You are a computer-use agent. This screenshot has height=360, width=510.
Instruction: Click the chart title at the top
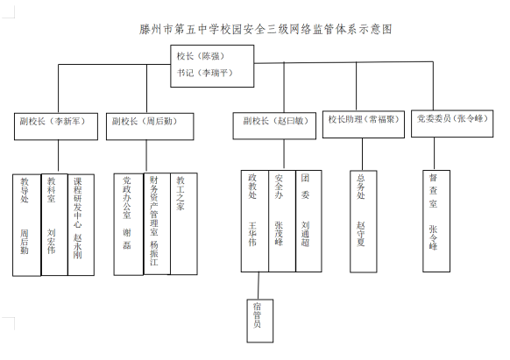266,29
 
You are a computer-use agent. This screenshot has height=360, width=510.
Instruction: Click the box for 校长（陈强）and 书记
212,66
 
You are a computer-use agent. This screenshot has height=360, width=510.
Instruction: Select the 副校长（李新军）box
56,126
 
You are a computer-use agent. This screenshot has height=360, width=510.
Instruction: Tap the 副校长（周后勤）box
150,126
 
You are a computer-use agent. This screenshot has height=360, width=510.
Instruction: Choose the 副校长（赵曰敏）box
274,126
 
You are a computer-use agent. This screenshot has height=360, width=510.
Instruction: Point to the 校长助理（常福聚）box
364,124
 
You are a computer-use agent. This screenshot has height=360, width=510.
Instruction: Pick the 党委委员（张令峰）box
452,124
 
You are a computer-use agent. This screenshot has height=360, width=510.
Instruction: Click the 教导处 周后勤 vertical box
26,225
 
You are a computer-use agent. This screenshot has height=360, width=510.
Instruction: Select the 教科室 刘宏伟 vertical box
54,225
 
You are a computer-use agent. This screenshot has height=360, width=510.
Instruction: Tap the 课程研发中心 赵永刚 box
81,225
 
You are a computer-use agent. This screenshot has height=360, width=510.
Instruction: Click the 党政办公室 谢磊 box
129,224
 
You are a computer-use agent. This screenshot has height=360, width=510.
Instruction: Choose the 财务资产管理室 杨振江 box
157,223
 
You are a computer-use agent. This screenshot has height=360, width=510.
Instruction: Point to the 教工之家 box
184,223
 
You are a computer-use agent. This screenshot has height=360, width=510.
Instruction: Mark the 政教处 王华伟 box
255,221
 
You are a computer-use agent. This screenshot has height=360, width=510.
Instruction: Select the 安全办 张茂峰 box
282,221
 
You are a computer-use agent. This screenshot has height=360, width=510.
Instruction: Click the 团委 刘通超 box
308,221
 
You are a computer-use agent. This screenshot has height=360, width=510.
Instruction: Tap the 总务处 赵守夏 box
364,221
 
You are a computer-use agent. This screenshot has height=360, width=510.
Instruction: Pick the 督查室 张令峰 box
436,221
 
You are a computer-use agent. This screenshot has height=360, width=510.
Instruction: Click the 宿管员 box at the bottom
260,321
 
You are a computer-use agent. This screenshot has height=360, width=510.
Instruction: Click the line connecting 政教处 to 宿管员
259,286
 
